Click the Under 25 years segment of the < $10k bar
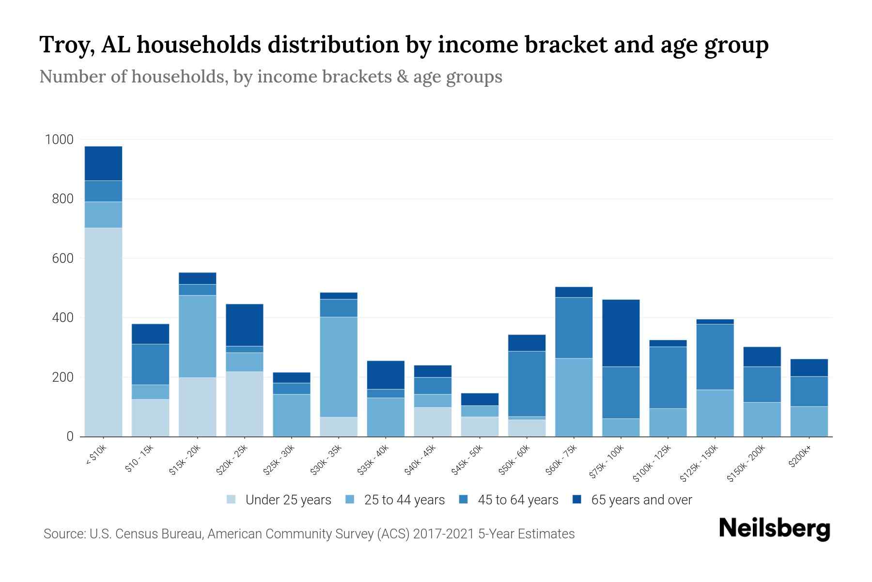point(103,332)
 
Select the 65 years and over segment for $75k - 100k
point(621,333)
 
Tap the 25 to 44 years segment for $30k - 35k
point(339,367)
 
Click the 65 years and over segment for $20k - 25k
point(245,324)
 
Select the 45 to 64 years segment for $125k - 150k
point(715,356)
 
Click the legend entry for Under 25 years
point(279,500)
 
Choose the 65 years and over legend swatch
point(577,500)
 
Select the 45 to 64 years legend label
point(518,500)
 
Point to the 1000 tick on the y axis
point(59,140)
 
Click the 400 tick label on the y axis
point(62,318)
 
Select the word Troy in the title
point(62,45)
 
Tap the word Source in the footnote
point(63,534)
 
